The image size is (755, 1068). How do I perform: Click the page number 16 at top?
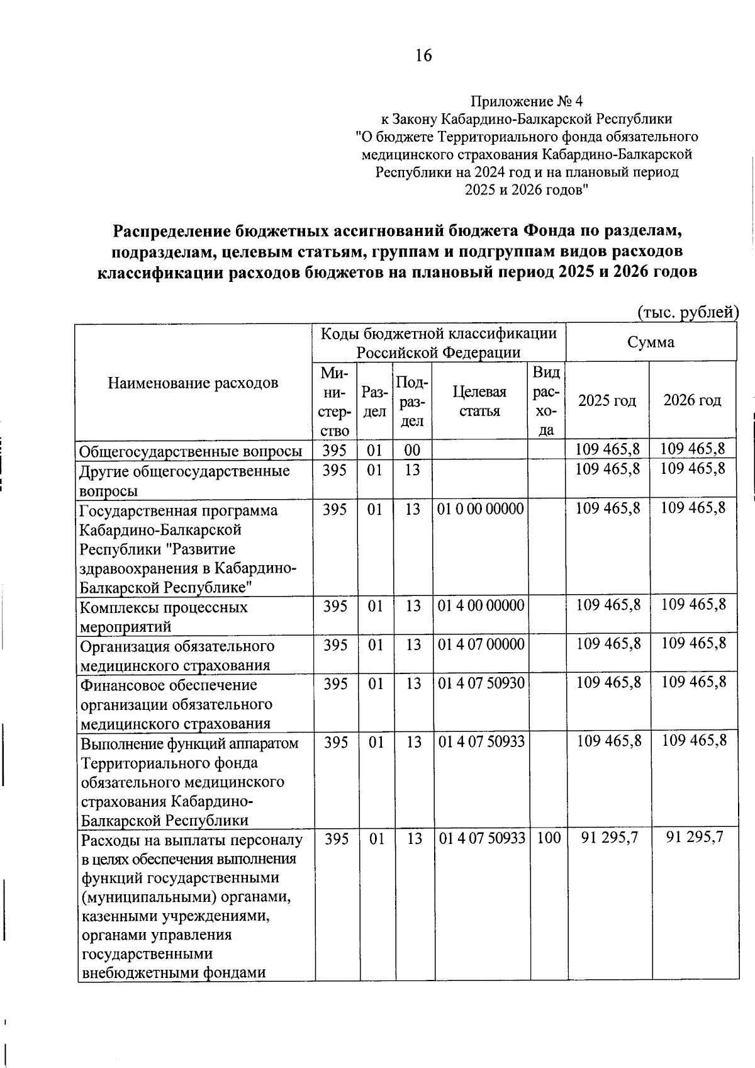[x=423, y=56]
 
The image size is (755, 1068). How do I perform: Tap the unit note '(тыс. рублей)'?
[x=687, y=312]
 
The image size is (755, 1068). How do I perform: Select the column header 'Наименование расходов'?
[x=193, y=383]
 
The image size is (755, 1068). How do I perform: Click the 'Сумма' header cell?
[x=651, y=342]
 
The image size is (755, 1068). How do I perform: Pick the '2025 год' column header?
[x=607, y=400]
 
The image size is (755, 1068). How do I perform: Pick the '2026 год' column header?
[x=692, y=400]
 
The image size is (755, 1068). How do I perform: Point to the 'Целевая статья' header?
[x=480, y=401]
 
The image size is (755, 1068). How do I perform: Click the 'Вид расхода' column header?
[x=547, y=401]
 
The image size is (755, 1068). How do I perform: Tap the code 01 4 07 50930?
[x=481, y=683]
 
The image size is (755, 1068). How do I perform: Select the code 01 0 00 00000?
[x=481, y=509]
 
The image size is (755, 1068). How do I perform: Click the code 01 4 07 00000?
[x=481, y=644]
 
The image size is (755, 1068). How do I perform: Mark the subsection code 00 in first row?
[x=412, y=449]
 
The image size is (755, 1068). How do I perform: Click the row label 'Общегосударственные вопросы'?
[x=190, y=451]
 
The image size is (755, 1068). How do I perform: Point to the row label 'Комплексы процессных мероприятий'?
[x=164, y=616]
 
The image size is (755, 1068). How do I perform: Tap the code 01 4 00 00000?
[x=481, y=605]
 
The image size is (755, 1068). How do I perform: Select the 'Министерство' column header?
[x=335, y=401]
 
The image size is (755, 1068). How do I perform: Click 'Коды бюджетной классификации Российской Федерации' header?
[x=439, y=342]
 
